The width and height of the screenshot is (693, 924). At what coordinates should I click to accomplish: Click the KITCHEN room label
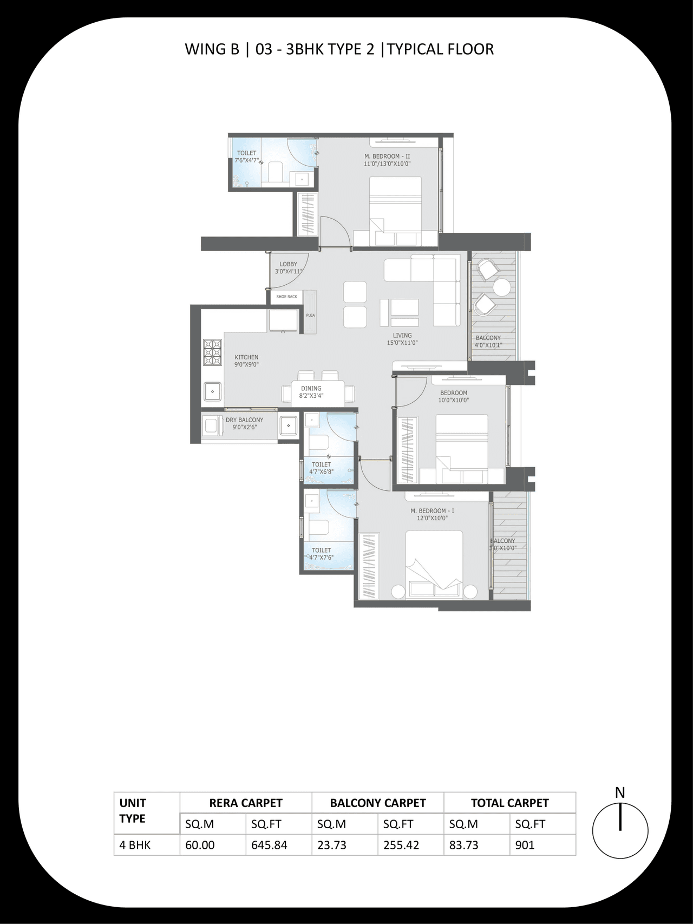tap(246, 357)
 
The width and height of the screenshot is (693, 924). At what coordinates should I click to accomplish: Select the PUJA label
tap(310, 315)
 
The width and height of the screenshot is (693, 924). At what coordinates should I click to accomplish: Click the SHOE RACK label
tap(286, 297)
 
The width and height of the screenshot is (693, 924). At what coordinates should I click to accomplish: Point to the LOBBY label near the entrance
tap(288, 264)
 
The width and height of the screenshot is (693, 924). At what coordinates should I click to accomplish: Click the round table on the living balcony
tap(502, 287)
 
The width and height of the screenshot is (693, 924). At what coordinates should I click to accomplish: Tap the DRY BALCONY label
tap(244, 420)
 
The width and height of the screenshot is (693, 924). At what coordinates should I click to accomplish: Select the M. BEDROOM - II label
tap(387, 156)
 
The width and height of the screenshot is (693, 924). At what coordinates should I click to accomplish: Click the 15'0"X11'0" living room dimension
tap(402, 343)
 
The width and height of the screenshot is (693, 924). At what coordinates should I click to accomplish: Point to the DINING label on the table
tap(311, 388)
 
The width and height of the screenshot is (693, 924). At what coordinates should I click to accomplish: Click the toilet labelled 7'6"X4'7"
tap(246, 157)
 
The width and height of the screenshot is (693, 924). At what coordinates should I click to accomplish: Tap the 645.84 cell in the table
tap(269, 845)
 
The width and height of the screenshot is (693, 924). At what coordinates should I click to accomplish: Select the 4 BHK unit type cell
tap(135, 845)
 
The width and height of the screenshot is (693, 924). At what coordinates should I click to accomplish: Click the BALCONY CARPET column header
tap(378, 803)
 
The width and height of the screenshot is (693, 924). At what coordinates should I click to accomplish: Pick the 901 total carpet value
tap(525, 845)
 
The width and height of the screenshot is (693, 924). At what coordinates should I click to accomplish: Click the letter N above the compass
tap(620, 792)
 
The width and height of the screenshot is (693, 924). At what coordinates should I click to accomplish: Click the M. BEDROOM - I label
tap(432, 511)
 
